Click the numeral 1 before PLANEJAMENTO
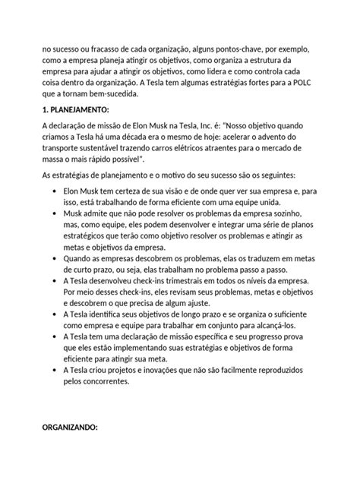[x=44, y=110]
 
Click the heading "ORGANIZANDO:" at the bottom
[x=69, y=429]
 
